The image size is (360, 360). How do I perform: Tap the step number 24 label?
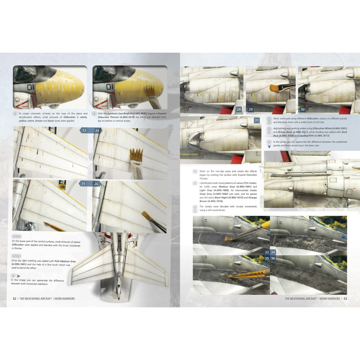click(96, 130)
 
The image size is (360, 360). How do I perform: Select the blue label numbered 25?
click(83, 184)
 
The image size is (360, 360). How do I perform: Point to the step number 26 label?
click(96, 184)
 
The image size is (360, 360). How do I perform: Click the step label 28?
click(238, 109)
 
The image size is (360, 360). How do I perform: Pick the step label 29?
click(251, 109)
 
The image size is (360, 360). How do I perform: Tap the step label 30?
click(302, 109)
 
